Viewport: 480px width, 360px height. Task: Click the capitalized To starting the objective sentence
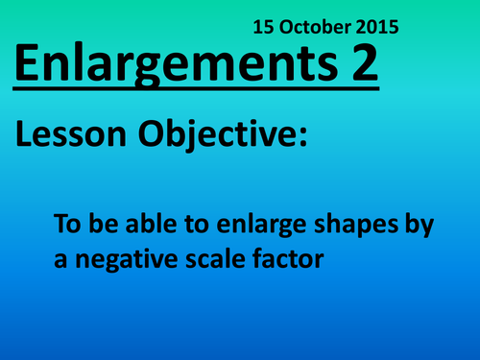[x=68, y=228]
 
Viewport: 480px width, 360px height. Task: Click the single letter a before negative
[x=60, y=259]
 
